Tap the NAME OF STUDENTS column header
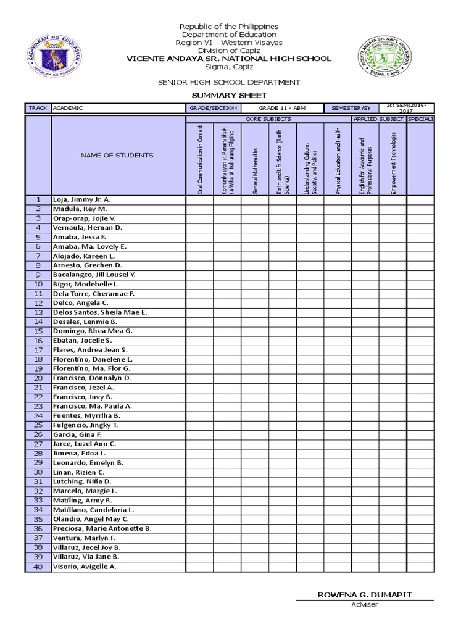pyautogui.click(x=117, y=156)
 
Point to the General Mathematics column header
pyautogui.click(x=255, y=162)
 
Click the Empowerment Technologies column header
pyautogui.click(x=393, y=162)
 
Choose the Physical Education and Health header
pyautogui.click(x=338, y=161)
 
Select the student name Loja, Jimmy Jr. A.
pyautogui.click(x=82, y=200)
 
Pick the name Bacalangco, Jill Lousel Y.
pyautogui.click(x=94, y=275)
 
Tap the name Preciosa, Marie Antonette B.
pyautogui.click(x=102, y=529)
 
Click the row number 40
pyautogui.click(x=38, y=567)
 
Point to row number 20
pyautogui.click(x=38, y=378)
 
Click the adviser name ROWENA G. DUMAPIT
pyautogui.click(x=365, y=594)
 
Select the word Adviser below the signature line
pyautogui.click(x=364, y=605)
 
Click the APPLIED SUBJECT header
pyautogui.click(x=378, y=118)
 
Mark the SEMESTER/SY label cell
pyautogui.click(x=351, y=108)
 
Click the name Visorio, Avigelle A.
pyautogui.click(x=85, y=567)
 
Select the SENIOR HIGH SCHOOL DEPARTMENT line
pyautogui.click(x=229, y=82)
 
